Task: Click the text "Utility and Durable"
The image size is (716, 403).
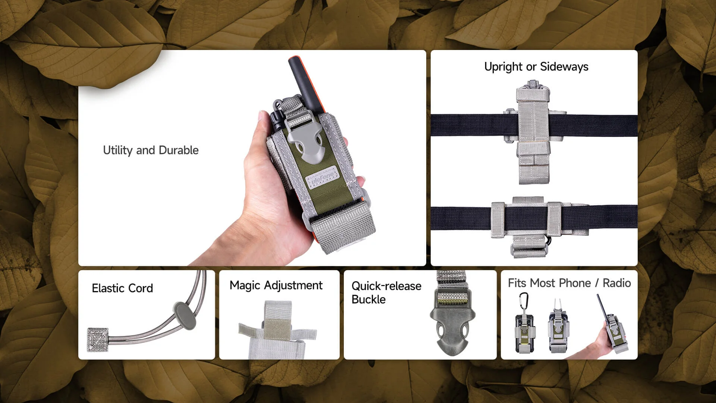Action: [x=151, y=150]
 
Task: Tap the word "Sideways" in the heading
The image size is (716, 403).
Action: [x=564, y=66]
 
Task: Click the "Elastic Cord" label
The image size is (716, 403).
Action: [x=122, y=288]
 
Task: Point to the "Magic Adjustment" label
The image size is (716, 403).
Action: [x=276, y=285]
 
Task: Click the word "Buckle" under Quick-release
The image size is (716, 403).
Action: [x=368, y=299]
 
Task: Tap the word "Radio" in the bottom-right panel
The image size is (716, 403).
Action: [x=617, y=283]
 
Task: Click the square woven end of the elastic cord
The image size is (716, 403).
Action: [x=98, y=340]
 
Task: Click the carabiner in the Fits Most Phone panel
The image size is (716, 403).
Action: [x=524, y=301]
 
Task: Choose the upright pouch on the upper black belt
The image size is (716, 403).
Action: [x=534, y=132]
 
